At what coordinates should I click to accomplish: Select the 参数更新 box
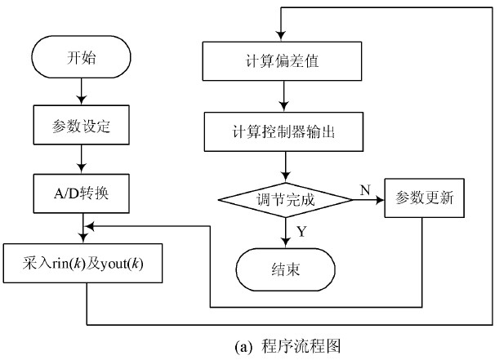coord(423,198)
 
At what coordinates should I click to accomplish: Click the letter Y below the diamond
coord(301,232)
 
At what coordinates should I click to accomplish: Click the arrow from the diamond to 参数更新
coord(364,199)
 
